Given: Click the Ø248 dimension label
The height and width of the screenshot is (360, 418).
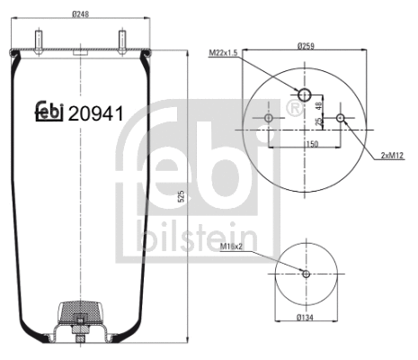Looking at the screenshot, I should tap(81, 13).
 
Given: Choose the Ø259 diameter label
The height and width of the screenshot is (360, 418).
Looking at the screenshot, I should tap(306, 47).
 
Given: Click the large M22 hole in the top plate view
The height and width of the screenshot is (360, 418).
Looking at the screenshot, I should tap(305, 95).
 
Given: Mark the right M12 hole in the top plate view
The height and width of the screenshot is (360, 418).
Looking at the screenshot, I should tap(340, 118).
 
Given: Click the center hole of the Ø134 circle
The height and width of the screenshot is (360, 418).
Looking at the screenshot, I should tap(306, 274).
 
